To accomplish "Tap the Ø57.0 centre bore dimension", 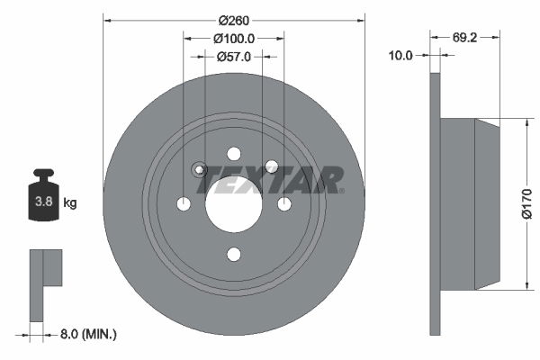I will click(x=234, y=56).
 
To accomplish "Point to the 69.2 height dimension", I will click(x=464, y=39).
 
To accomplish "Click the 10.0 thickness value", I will click(x=400, y=56).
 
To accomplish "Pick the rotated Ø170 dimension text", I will click(x=527, y=204).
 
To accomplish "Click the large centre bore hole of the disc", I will click(x=234, y=203).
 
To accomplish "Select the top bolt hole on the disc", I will click(x=234, y=153).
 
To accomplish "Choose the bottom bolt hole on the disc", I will click(x=234, y=254).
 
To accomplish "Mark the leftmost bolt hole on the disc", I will click(x=184, y=204).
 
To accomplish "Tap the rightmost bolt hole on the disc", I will click(x=284, y=204).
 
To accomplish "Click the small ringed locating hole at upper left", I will click(x=200, y=169).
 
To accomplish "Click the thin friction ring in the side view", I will click(x=436, y=204).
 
